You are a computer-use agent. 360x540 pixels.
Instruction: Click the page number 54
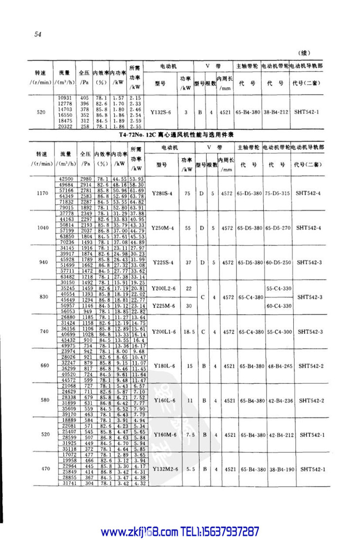pyautogui.click(x=38, y=34)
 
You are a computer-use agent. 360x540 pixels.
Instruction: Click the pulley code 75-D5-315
pyautogui.click(x=278, y=193)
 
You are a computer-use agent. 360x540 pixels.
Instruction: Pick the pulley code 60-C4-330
pyautogui.click(x=278, y=306)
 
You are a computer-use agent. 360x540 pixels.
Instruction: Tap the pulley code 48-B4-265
pyautogui.click(x=278, y=365)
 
